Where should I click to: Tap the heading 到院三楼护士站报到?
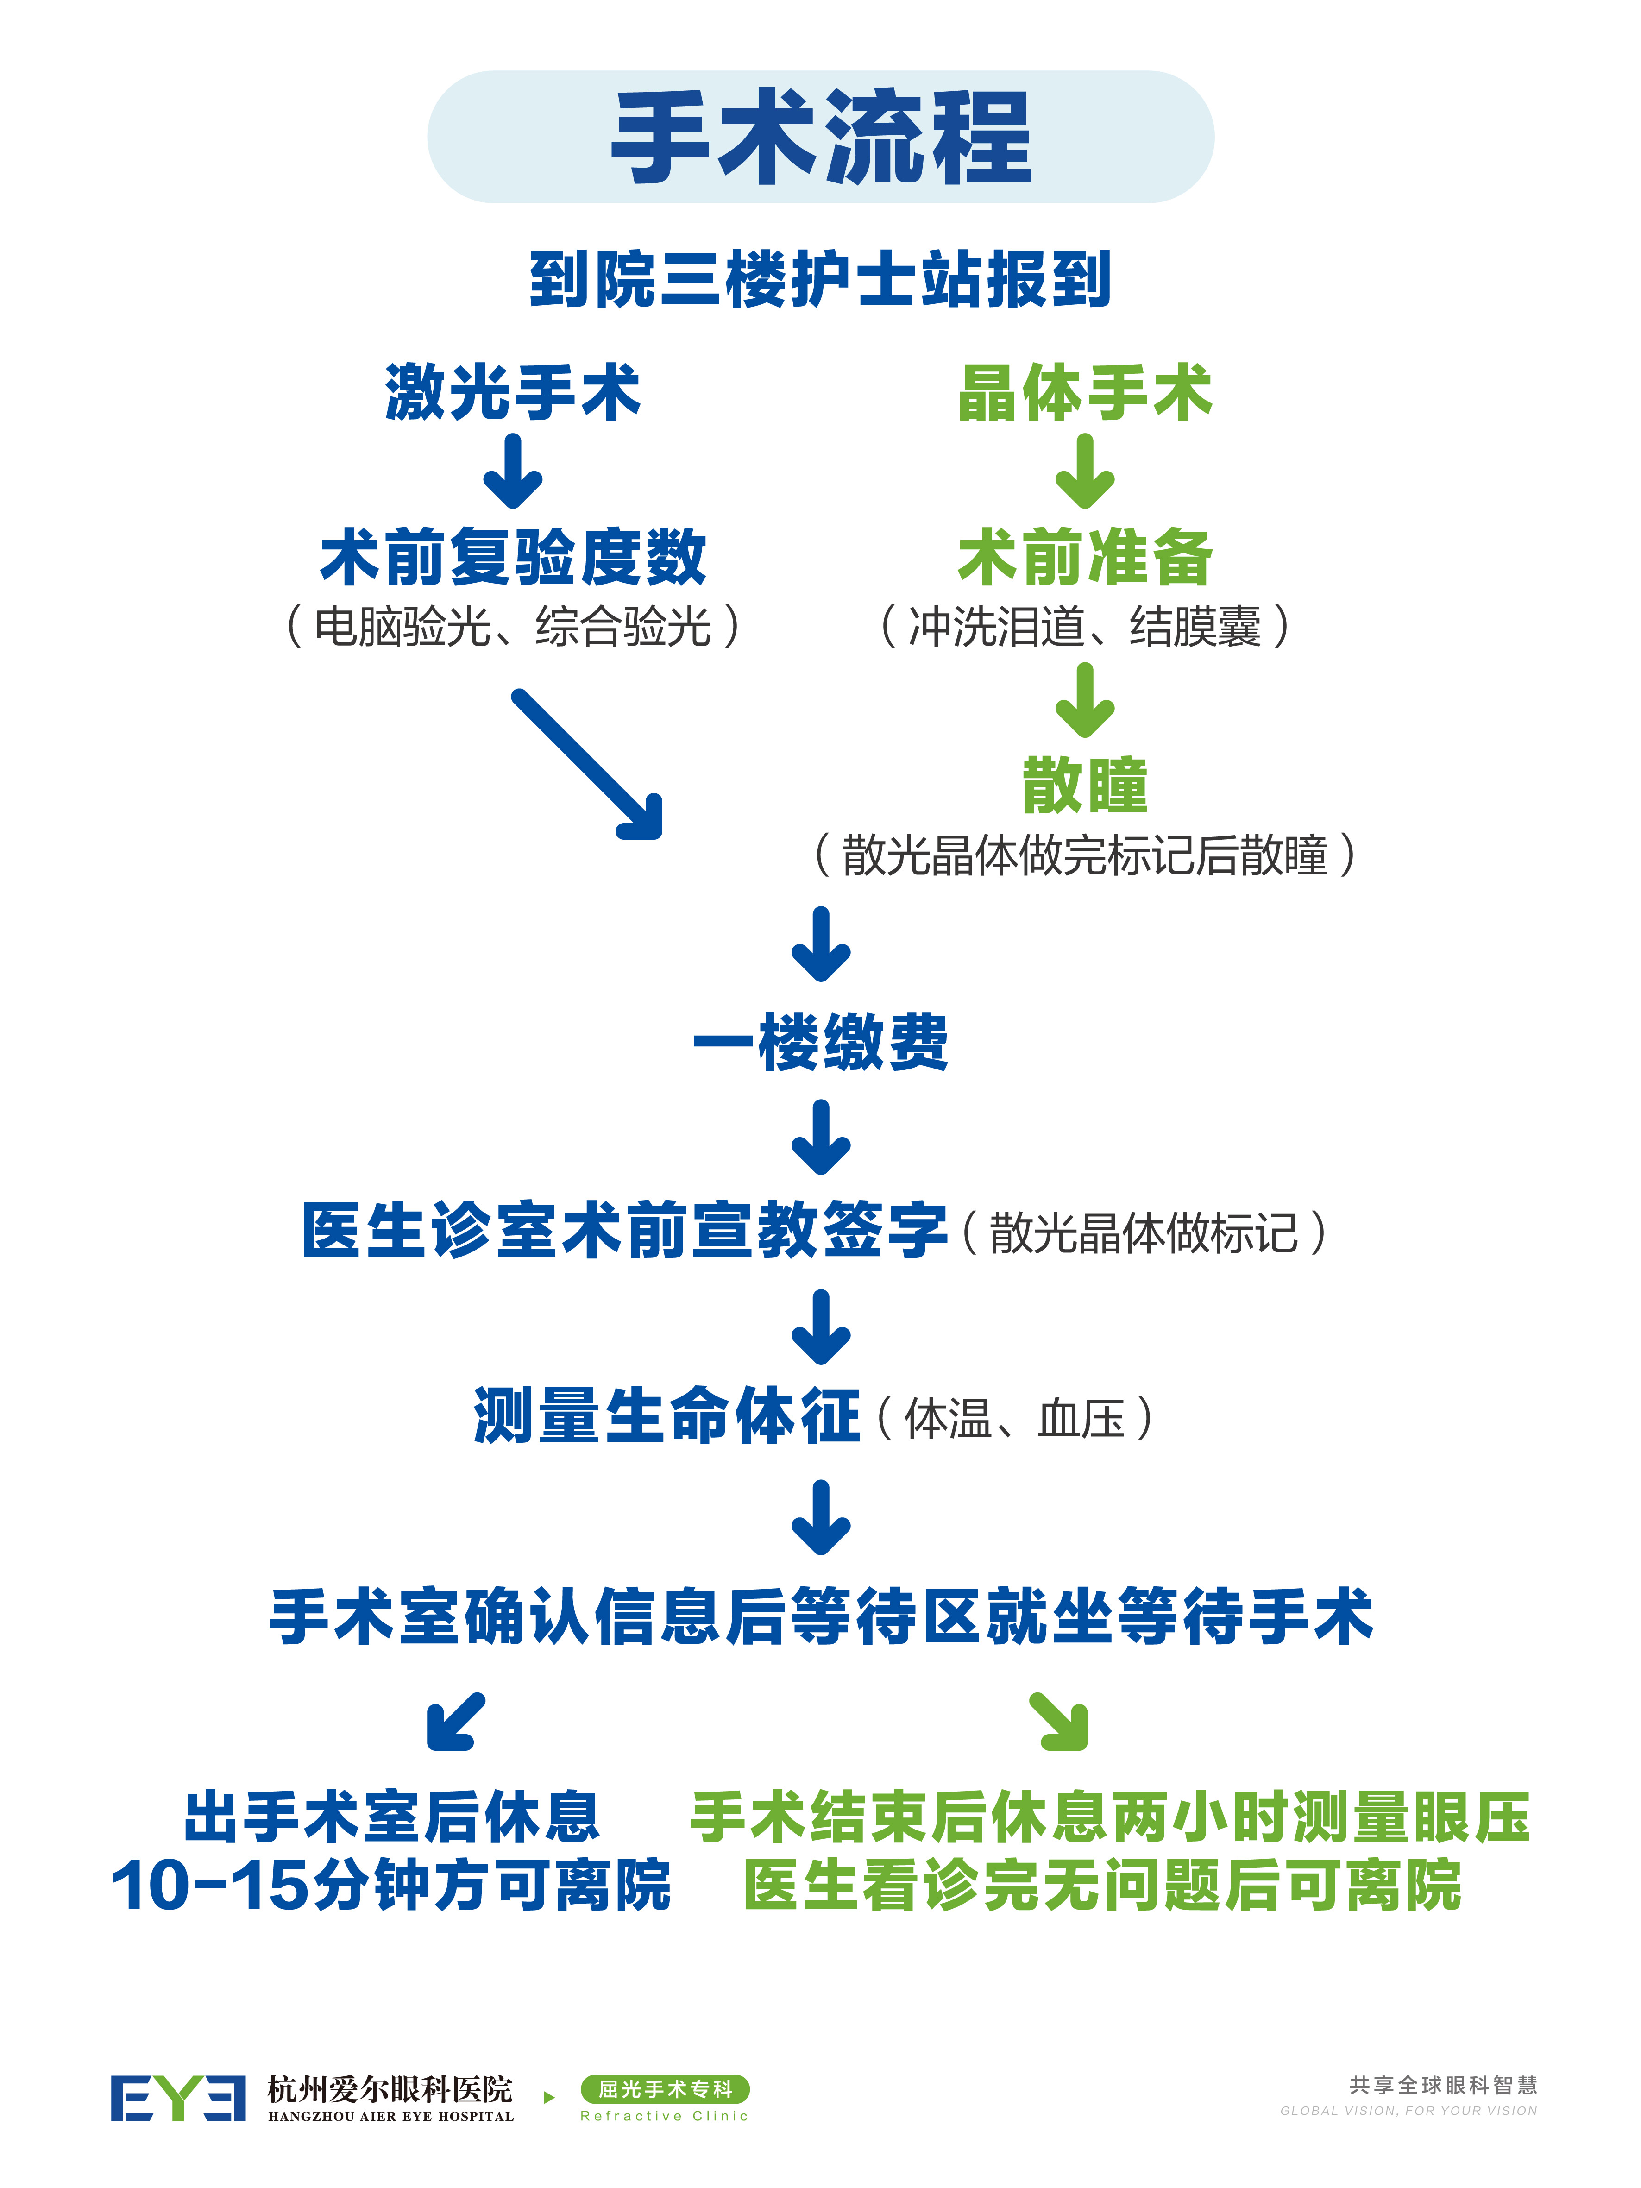[x=821, y=280]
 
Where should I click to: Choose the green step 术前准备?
[x=1085, y=557]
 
